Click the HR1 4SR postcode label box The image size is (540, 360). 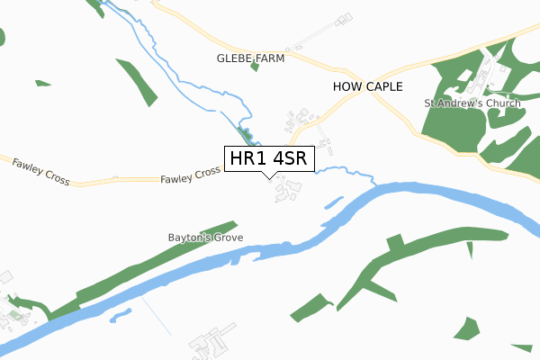coord(269,159)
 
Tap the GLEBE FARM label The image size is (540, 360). coord(250,58)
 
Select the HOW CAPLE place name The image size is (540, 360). coord(366,86)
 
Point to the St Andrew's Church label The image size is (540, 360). coord(472,103)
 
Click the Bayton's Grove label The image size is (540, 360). coord(205,238)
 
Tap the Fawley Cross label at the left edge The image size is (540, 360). coord(41,171)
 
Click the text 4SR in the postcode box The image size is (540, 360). coord(290,159)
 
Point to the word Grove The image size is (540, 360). coord(229,238)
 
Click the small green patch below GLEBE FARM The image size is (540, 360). coord(255,67)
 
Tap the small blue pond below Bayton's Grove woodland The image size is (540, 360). coord(121,316)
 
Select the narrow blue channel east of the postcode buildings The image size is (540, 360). coord(333,202)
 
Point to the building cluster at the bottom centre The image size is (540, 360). coord(207,344)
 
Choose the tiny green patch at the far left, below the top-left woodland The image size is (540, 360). coord(42,83)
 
